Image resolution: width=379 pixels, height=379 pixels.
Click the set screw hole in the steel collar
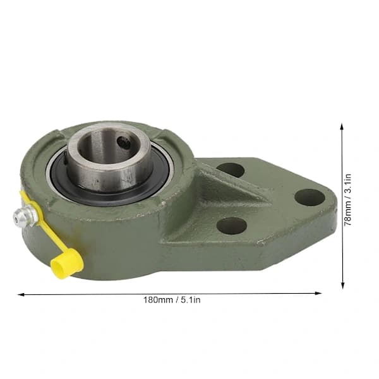click(124, 143)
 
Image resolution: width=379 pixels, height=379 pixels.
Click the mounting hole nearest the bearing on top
click(231, 170)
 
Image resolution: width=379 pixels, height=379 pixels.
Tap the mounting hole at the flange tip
click(310, 197)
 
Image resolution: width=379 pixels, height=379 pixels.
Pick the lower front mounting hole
click(232, 226)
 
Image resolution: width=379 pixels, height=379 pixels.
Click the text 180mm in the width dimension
click(158, 300)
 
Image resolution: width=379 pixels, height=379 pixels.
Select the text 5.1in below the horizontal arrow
click(191, 300)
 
